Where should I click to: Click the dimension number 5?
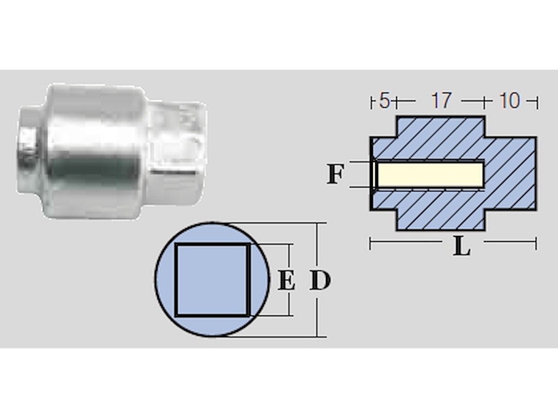tap(384, 101)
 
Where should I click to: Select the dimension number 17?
tap(441, 101)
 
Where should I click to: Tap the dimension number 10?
tap(509, 101)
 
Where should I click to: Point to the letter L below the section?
tap(461, 248)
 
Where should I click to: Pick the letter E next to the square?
tap(286, 281)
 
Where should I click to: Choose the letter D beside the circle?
tap(320, 281)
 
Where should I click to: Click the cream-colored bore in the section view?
tap(430, 174)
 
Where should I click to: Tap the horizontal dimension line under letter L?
tap(409, 242)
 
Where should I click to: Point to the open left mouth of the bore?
tap(374, 174)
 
